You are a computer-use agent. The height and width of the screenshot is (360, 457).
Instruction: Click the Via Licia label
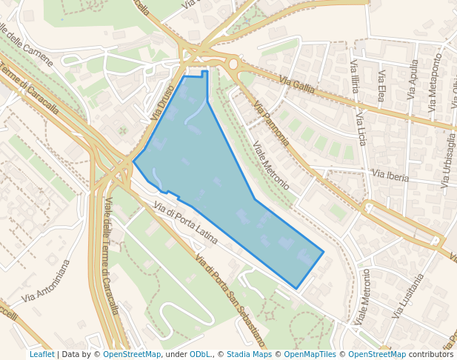361,126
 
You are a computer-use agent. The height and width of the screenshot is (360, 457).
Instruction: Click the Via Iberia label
390,176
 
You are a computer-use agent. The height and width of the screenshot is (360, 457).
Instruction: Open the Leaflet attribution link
41,354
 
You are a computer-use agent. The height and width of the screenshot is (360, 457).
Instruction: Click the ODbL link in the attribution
200,354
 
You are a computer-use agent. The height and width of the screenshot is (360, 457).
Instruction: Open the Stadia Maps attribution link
249,354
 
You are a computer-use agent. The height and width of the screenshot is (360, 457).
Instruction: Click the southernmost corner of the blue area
296,289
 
